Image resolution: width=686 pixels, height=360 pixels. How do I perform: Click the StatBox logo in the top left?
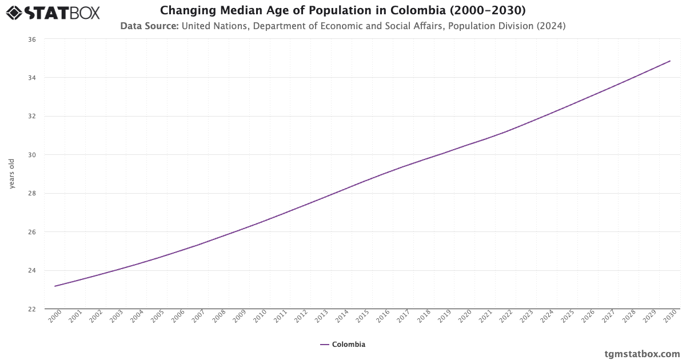(x=53, y=12)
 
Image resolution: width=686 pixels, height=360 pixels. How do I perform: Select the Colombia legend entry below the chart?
(x=342, y=344)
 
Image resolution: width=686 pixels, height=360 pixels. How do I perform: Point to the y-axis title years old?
(x=11, y=174)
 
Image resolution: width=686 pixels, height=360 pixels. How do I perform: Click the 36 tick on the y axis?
(x=31, y=39)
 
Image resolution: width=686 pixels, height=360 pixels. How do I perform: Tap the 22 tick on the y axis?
(x=31, y=309)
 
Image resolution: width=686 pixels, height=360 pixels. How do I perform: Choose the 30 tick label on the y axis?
(x=31, y=155)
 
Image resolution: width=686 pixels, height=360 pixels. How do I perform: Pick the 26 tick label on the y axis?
(x=31, y=232)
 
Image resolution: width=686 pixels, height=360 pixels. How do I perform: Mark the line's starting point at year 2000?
(x=55, y=286)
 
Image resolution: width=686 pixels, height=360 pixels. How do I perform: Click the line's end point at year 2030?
(x=670, y=61)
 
